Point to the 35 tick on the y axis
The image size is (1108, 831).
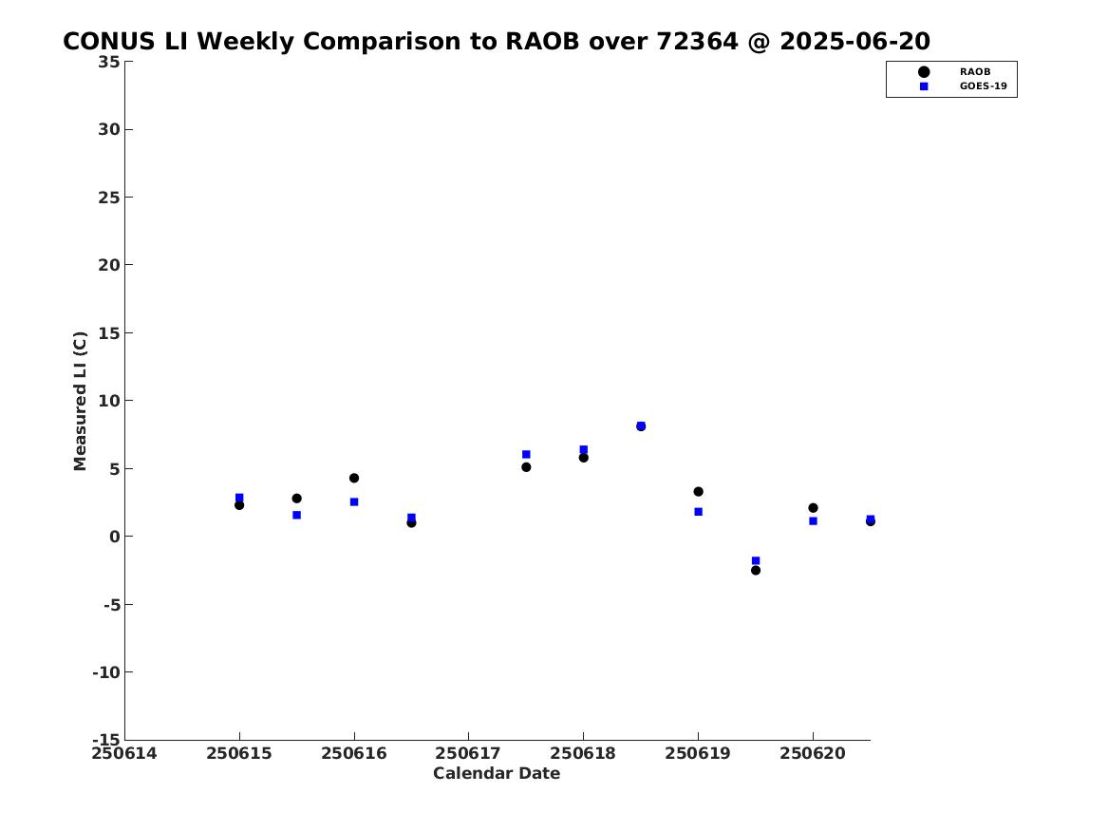109,62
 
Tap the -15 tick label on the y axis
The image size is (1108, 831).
106,740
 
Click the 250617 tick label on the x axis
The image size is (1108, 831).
468,754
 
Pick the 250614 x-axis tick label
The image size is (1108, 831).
124,754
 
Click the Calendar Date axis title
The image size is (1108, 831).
497,774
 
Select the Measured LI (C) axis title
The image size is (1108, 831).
80,401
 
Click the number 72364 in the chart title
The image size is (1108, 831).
698,42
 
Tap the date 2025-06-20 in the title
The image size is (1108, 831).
855,42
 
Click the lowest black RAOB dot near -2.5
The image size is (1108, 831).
756,570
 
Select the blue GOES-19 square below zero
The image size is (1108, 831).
756,560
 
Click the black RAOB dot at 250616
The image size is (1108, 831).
354,479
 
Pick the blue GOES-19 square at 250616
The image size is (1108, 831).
354,501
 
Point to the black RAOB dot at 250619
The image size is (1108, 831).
698,492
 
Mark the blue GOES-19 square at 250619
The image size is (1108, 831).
698,512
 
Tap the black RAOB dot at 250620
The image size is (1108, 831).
813,508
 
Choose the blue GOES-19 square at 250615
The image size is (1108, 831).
239,498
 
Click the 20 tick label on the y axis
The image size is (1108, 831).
109,265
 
